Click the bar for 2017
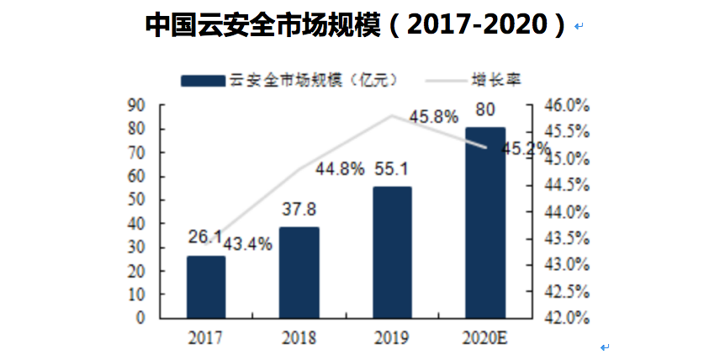[206, 287]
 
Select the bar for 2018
[299, 273]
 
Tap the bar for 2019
[392, 252]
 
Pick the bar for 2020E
[485, 223]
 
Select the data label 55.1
[391, 168]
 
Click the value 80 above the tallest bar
[485, 109]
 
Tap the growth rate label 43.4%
[249, 244]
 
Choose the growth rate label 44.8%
[340, 169]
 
